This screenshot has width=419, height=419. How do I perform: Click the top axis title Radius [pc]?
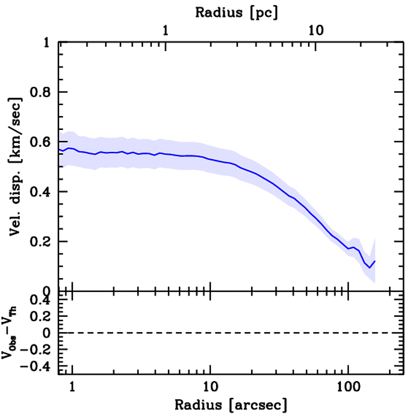237,12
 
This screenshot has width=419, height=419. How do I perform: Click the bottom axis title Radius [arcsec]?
231,405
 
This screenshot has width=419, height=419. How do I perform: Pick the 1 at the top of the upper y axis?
47,43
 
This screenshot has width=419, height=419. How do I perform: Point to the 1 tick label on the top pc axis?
165,30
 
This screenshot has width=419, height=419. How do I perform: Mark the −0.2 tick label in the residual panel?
36,349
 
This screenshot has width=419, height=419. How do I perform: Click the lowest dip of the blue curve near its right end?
369,268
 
